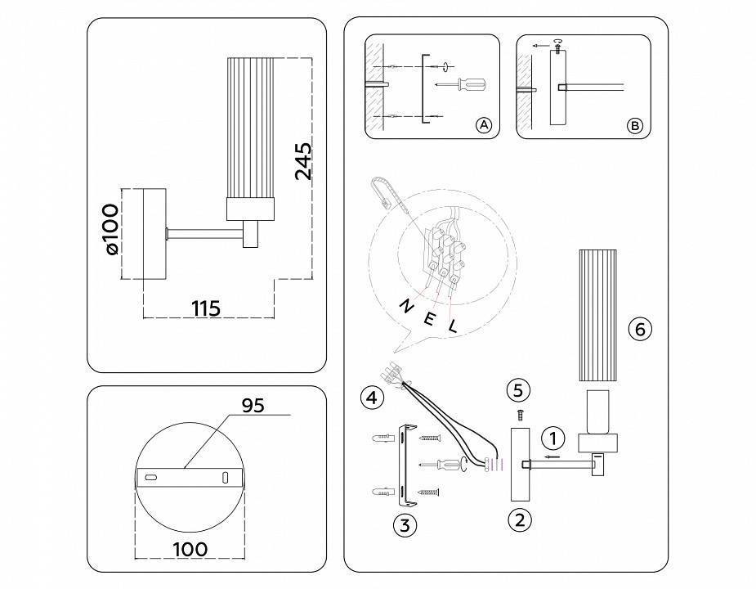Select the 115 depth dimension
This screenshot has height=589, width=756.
tap(206, 308)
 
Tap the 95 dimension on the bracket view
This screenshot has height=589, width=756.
tap(253, 406)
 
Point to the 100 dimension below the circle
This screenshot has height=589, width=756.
tap(189, 549)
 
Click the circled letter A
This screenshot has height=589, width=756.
tap(484, 125)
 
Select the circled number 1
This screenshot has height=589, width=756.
tap(553, 438)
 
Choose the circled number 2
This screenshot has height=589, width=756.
tap(520, 519)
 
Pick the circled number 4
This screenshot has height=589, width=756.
tap(372, 398)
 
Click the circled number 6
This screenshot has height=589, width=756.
tap(640, 329)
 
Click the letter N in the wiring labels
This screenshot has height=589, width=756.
tap(405, 306)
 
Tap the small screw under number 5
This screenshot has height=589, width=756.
tap(518, 416)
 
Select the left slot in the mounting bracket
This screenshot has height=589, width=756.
tap(151, 476)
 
